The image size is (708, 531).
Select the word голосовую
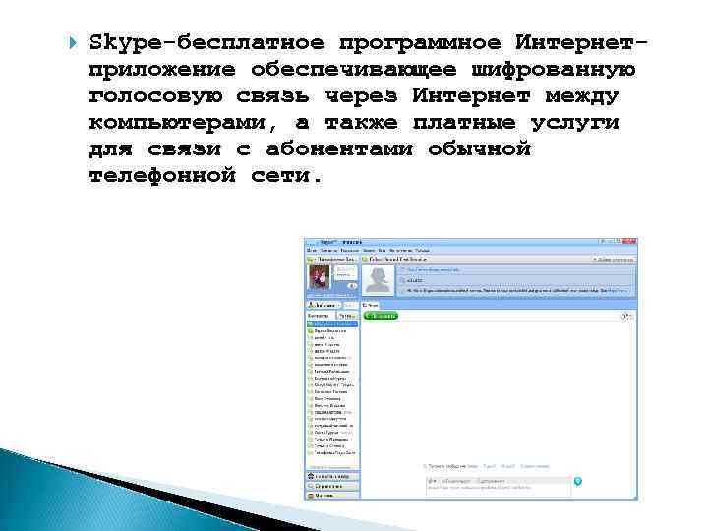tap(154, 96)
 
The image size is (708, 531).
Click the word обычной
tap(480, 149)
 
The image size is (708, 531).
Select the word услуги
tap(580, 123)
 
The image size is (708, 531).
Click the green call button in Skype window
tap(381, 315)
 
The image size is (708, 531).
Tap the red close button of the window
tap(631, 242)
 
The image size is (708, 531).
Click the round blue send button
tap(578, 481)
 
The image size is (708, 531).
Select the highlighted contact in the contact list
tap(332, 323)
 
